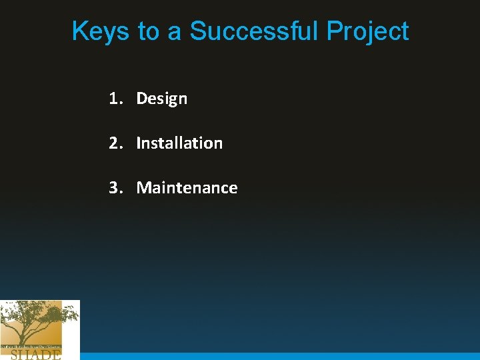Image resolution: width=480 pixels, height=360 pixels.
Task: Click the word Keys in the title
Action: click(x=100, y=31)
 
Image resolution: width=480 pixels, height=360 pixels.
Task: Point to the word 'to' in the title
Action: click(x=148, y=31)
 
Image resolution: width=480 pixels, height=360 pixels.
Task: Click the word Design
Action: click(x=161, y=99)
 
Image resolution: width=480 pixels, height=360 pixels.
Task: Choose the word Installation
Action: click(x=179, y=143)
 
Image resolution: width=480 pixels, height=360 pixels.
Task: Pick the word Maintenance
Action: click(x=187, y=187)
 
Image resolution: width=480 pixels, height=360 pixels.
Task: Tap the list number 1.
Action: click(x=115, y=99)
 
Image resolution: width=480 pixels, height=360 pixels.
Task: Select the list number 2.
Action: click(x=115, y=143)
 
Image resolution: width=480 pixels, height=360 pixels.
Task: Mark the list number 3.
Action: click(x=115, y=187)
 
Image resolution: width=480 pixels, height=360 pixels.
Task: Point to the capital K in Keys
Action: click(x=79, y=31)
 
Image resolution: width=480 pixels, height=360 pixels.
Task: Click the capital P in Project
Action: click(x=334, y=31)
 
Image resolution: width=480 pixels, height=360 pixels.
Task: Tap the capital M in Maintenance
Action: click(x=143, y=187)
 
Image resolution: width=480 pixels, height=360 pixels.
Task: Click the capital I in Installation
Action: click(x=138, y=143)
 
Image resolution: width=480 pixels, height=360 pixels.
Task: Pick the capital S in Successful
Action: click(x=199, y=31)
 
